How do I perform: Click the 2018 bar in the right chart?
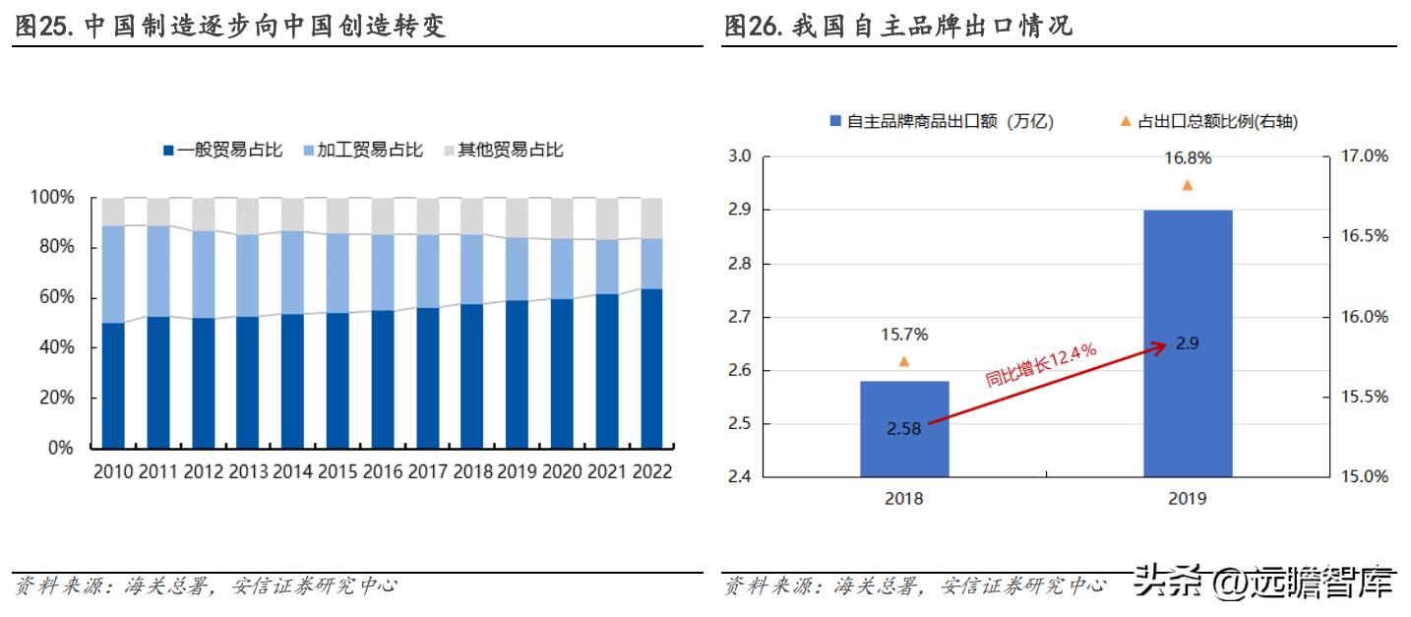pyautogui.click(x=903, y=453)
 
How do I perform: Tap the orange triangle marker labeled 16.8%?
pyautogui.click(x=1187, y=185)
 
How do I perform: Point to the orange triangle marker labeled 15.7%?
pyautogui.click(x=903, y=361)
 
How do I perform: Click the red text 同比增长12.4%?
pyautogui.click(x=1041, y=365)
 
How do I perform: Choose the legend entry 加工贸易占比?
pyautogui.click(x=363, y=150)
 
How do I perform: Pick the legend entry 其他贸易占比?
pyautogui.click(x=503, y=150)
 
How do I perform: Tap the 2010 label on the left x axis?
pyautogui.click(x=113, y=472)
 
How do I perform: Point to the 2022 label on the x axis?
pyautogui.click(x=651, y=472)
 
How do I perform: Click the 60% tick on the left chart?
pyautogui.click(x=55, y=298)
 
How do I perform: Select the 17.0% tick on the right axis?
pyautogui.click(x=1366, y=155)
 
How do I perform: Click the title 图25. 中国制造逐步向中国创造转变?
pyautogui.click(x=230, y=26)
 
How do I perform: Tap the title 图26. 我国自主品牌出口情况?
pyautogui.click(x=897, y=26)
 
